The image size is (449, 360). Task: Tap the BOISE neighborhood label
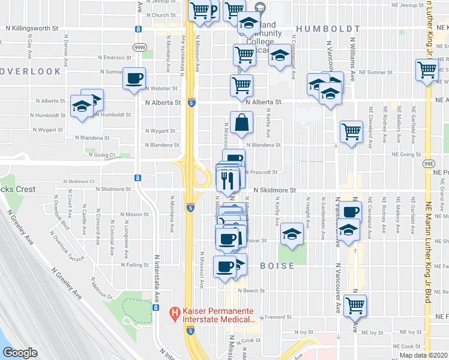click(277, 265)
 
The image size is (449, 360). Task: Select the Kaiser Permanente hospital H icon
click(175, 313)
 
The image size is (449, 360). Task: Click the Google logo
click(20, 353)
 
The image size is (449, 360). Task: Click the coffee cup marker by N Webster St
click(134, 78)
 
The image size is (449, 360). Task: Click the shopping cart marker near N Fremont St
click(355, 304)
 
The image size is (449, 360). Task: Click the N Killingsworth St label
click(32, 28)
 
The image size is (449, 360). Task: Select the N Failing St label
click(137, 265)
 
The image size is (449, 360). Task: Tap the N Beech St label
click(251, 290)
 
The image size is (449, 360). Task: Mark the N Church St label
click(155, 15)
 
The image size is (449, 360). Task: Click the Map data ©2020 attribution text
click(423, 355)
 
